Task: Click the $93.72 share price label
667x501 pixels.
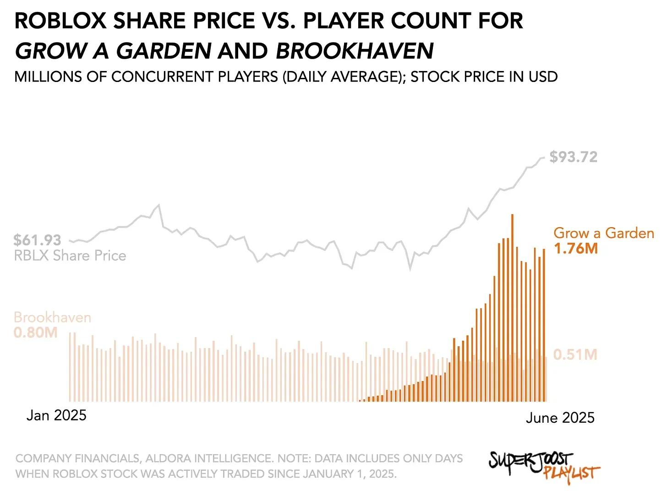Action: coord(573,157)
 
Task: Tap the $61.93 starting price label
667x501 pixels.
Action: coord(38,240)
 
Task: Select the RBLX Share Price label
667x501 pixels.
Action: coord(70,256)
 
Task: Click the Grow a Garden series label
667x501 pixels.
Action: coord(604,233)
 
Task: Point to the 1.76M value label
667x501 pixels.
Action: coord(575,249)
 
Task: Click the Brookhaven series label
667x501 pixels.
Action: coord(52,317)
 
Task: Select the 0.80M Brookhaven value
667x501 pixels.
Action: coord(36,332)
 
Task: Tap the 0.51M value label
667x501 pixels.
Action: coord(575,355)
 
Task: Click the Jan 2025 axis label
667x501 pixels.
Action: coord(56,415)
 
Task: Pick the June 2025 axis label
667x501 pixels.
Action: coord(560,418)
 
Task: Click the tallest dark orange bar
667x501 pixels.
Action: coord(512,307)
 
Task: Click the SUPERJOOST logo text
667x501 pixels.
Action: coord(530,460)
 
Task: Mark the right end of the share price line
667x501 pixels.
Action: coord(544,158)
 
